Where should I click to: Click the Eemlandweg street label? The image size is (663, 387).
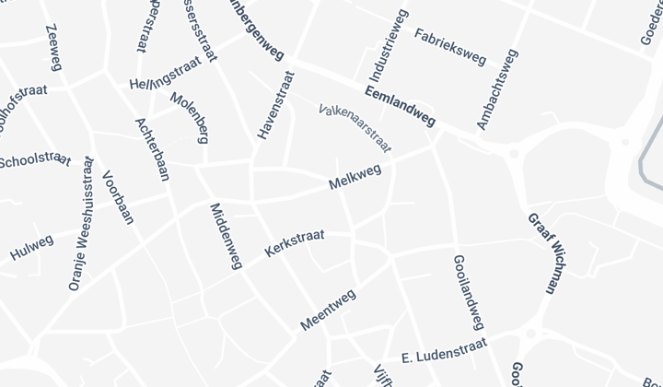[400, 106]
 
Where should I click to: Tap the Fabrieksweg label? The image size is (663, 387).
[449, 47]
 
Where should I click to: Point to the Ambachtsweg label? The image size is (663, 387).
[494, 95]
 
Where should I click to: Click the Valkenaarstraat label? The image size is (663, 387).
[355, 127]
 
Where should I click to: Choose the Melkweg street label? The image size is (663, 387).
[355, 177]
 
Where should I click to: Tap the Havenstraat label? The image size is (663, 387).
[275, 106]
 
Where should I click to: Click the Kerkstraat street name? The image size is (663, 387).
[294, 243]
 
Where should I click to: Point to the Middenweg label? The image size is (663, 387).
[226, 236]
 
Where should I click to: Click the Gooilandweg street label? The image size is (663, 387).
[469, 291]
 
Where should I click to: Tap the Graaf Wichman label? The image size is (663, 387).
[542, 252]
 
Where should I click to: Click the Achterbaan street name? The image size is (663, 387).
[152, 149]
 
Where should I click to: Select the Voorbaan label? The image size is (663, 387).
[119, 197]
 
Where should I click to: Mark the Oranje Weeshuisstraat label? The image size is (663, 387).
[82, 224]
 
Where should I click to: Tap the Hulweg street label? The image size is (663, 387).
[32, 247]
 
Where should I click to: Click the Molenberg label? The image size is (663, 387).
[190, 118]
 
